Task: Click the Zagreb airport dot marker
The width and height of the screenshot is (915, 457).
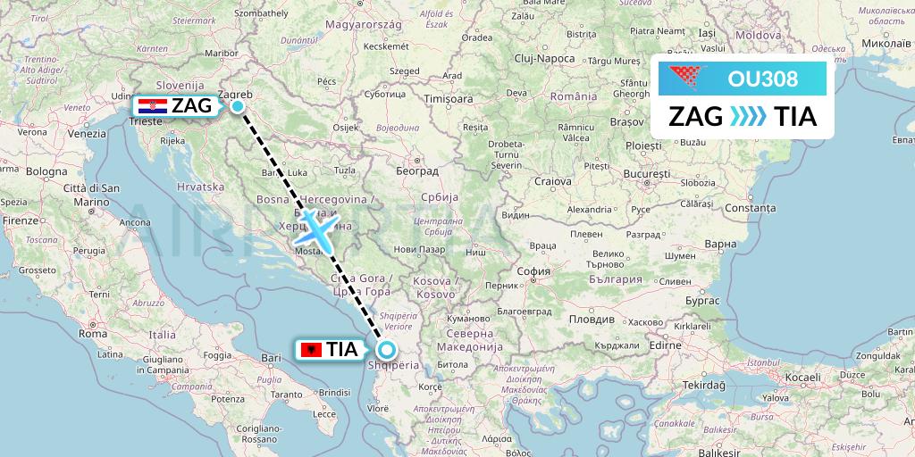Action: tap(238, 106)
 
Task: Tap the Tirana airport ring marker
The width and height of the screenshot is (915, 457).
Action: tap(387, 350)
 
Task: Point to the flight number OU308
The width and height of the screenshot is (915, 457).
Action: tap(763, 79)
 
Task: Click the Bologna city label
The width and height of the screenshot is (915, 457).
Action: tap(46, 170)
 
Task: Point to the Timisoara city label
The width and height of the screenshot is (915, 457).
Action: tap(448, 99)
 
